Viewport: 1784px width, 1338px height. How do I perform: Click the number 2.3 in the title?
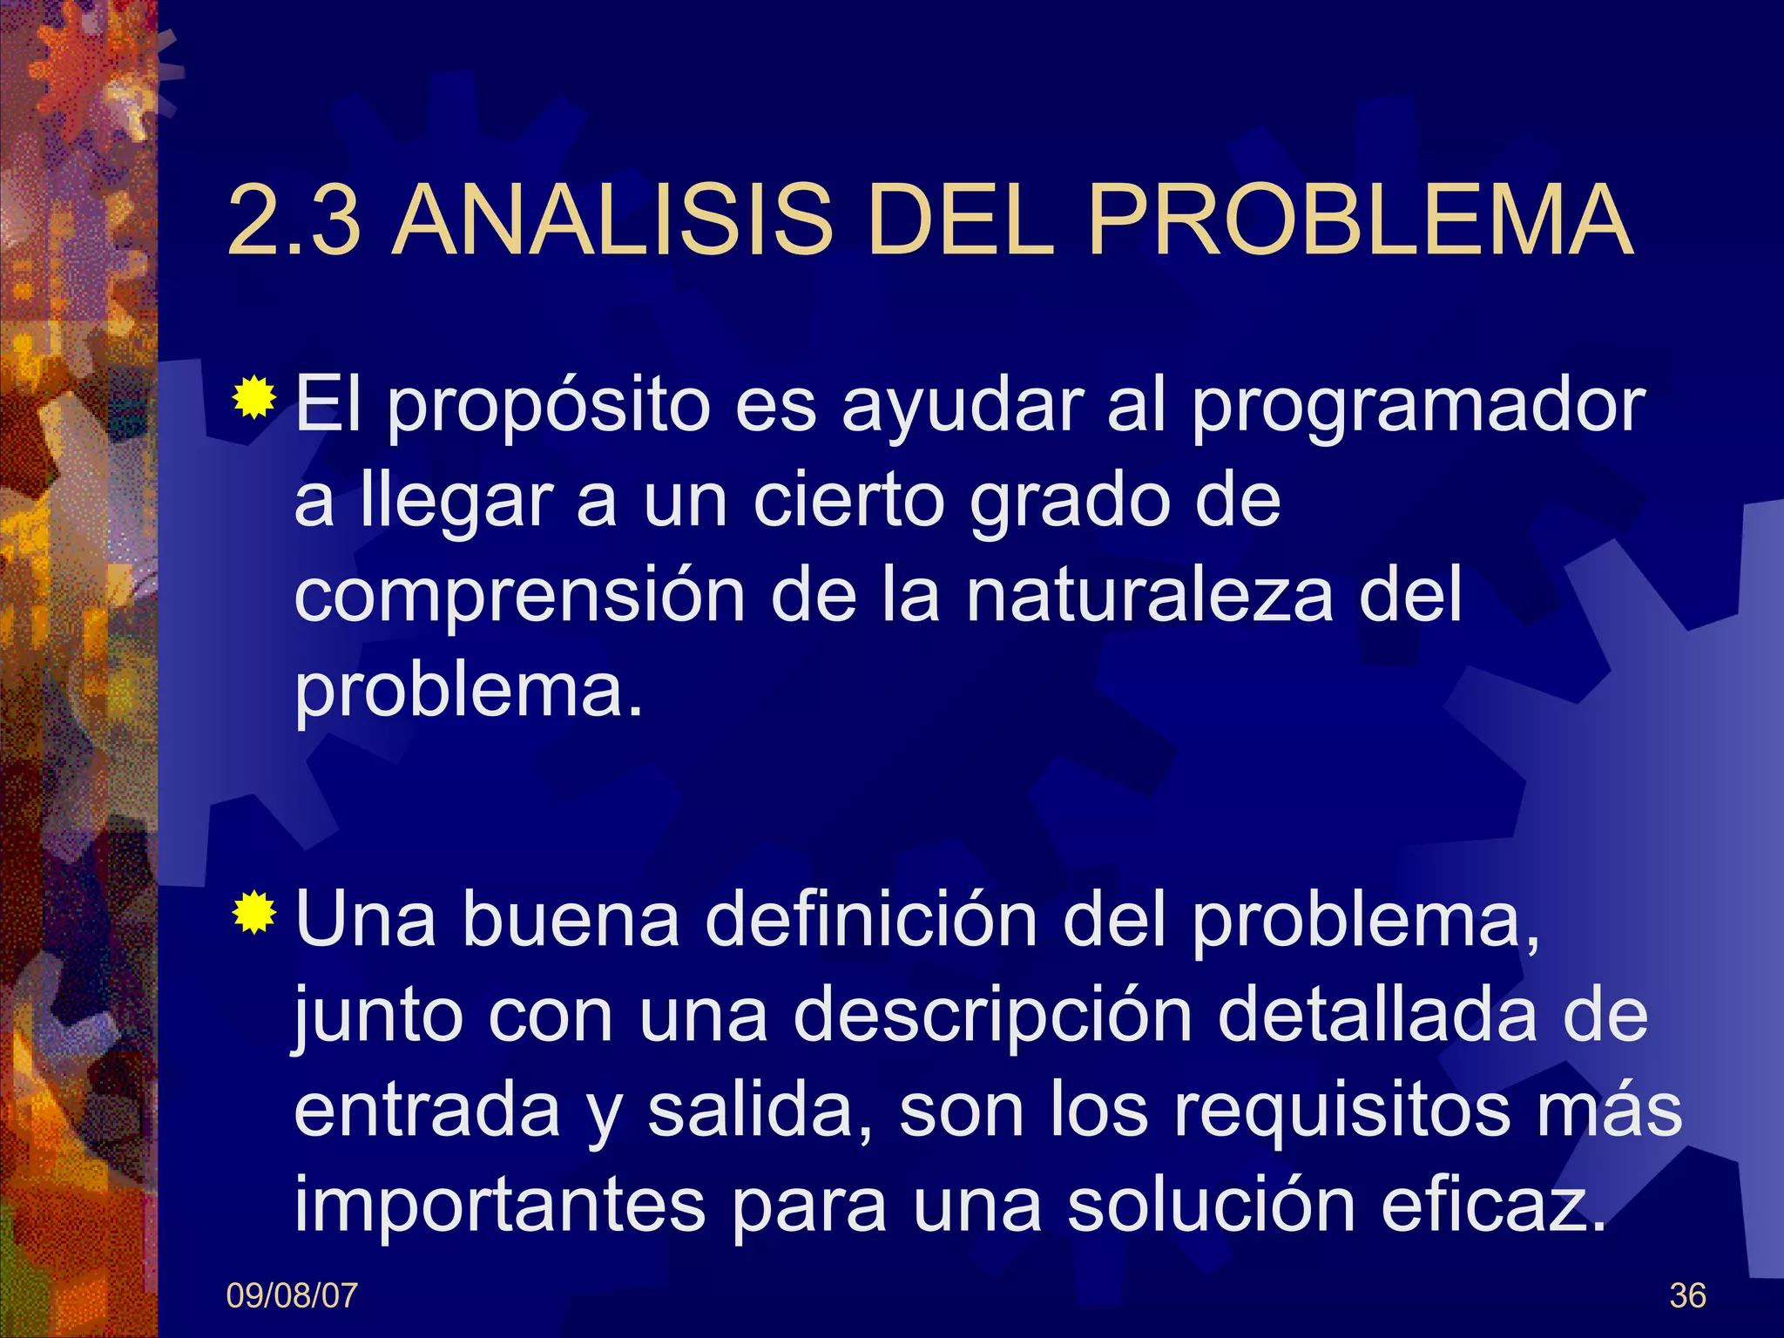coord(294,221)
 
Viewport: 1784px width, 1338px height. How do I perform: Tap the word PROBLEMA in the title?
coord(1360,221)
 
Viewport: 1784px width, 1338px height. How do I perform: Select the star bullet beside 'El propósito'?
coord(254,399)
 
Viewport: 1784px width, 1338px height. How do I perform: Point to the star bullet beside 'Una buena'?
coord(254,912)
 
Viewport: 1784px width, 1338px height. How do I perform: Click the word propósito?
coord(549,408)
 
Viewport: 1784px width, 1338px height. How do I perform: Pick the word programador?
coord(1418,408)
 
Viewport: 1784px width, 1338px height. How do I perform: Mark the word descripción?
coord(992,1017)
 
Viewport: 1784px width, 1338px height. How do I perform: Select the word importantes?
coord(499,1206)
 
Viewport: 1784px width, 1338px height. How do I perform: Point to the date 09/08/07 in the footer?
coord(292,1296)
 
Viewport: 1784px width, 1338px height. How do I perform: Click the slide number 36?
coord(1687,1296)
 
